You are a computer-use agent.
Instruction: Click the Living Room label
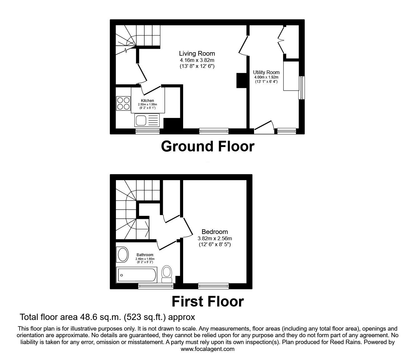(197, 53)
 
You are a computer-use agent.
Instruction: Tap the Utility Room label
(266, 72)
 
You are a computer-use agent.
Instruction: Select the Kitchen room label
(147, 100)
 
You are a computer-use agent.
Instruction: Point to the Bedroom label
(215, 232)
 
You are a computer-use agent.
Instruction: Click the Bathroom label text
(145, 255)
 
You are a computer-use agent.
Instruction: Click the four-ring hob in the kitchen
(123, 103)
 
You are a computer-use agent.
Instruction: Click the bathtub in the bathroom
(137, 275)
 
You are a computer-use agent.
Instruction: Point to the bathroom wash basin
(122, 255)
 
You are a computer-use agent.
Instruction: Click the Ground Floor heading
(207, 146)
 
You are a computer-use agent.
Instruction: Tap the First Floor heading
(208, 302)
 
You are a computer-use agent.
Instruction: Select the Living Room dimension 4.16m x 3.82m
(197, 60)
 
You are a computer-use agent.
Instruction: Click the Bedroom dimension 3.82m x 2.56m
(215, 239)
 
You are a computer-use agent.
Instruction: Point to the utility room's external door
(264, 127)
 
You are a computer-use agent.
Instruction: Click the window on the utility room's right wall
(301, 88)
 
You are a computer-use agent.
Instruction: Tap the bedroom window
(213, 286)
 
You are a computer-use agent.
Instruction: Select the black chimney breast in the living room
(242, 80)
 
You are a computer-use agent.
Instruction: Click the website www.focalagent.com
(207, 349)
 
